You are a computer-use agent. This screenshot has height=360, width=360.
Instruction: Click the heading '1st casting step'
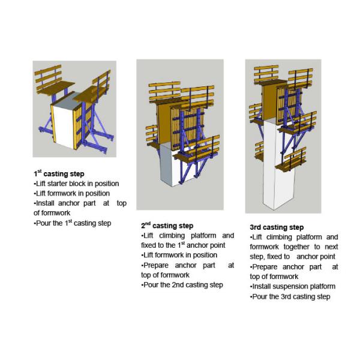click(x=59, y=174)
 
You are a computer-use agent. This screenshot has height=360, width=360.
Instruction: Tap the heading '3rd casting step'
click(x=276, y=227)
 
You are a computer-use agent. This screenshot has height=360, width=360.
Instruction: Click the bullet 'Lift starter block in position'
click(x=76, y=184)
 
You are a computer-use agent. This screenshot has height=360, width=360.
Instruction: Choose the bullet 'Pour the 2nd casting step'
click(x=182, y=285)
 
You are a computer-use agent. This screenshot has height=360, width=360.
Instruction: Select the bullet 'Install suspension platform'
click(x=292, y=286)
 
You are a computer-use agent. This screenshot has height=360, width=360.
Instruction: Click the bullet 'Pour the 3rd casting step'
click(x=290, y=296)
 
